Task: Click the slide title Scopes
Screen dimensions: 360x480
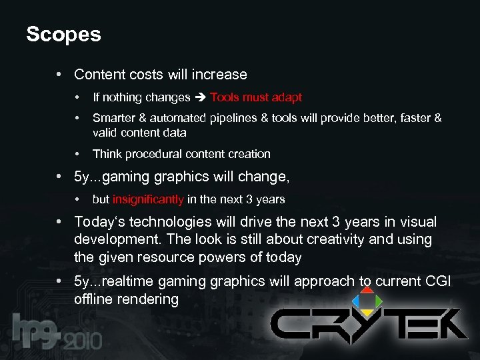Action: coord(63,34)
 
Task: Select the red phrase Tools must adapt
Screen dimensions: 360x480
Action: coord(256,97)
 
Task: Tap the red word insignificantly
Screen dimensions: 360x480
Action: coord(148,199)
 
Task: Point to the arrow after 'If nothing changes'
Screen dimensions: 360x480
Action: coord(201,97)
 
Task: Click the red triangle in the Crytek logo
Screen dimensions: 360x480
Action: coord(366,290)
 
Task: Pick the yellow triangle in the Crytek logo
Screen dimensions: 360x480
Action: coord(366,313)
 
